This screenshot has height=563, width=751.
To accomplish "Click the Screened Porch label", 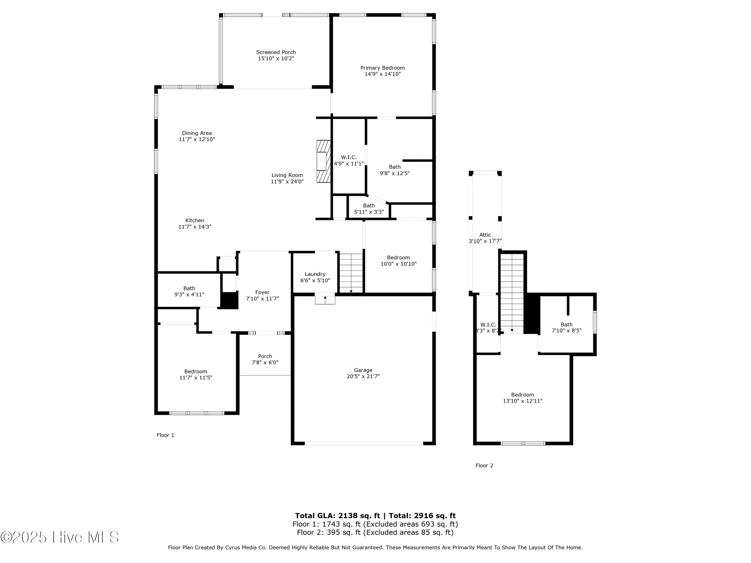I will (x=276, y=53).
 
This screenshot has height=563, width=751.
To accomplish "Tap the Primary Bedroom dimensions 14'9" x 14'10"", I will (x=383, y=74).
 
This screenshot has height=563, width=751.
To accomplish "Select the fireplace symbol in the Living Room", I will (x=323, y=161).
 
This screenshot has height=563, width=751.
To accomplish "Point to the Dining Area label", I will (x=197, y=133).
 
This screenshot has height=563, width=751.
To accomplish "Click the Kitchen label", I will (x=195, y=221).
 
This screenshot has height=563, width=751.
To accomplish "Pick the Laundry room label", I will (x=315, y=274).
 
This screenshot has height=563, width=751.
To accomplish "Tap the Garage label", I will (x=363, y=370).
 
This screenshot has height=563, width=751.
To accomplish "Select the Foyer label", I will (x=262, y=292).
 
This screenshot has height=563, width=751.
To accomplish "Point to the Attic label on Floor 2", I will (x=485, y=235).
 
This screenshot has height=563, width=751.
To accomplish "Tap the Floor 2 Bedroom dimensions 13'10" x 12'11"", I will (x=522, y=401).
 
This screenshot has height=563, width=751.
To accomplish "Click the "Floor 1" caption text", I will (x=165, y=435).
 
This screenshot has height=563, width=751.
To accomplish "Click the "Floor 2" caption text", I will (x=484, y=465).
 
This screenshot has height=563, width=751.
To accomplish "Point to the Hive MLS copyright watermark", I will (x=60, y=537).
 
